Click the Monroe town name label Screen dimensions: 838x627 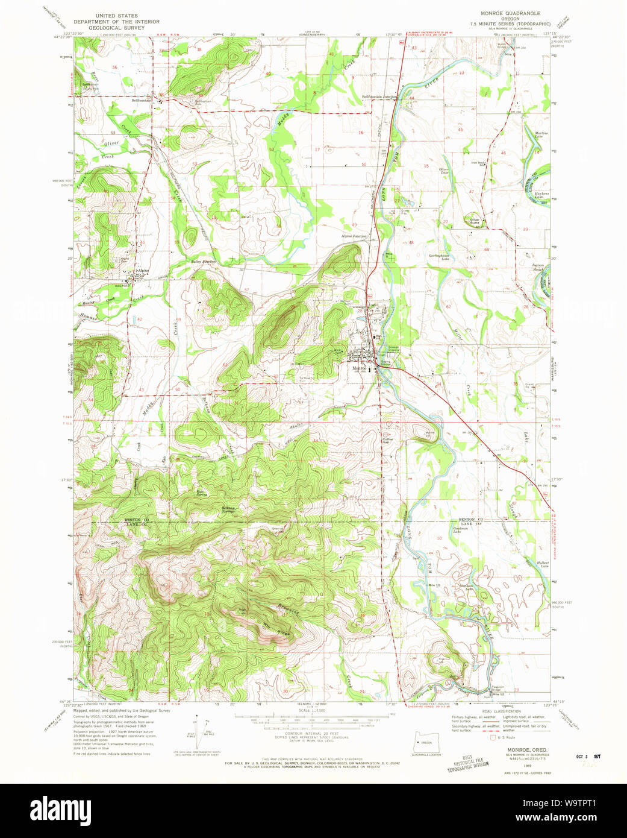[x=359, y=368]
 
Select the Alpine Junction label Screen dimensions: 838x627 [x=354, y=236]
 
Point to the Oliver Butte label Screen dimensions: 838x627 [x=475, y=221]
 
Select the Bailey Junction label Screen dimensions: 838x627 [x=203, y=262]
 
